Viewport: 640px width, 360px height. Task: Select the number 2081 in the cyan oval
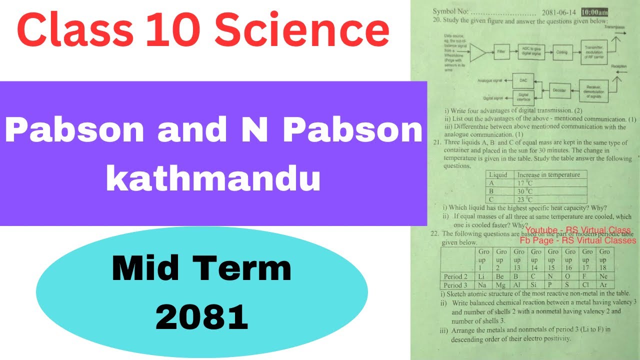coord(202,317)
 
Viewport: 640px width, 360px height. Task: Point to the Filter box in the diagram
coord(501,51)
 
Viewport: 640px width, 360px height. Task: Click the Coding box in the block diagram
coord(561,52)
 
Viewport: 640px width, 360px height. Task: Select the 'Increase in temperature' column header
coord(548,175)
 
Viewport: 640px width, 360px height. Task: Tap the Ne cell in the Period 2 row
coord(604,276)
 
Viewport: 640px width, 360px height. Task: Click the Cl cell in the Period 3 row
coord(587,285)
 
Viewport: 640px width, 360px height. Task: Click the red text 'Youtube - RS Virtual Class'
coord(578,230)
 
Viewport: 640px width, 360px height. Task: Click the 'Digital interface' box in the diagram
coord(523,96)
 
